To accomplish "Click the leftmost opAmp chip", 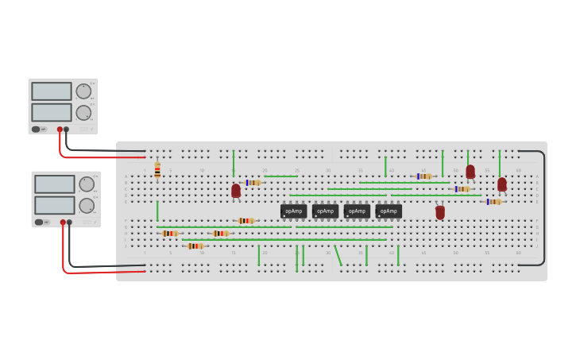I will pos(293,211).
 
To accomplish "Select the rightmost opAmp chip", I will pos(389,211).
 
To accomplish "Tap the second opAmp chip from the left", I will pos(325,211).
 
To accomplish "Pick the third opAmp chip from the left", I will pos(357,211).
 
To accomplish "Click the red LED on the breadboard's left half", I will pos(236,191).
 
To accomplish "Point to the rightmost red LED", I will pos(502,184).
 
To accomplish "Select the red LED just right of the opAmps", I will pos(440,212).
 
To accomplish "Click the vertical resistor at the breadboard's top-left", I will pos(157,169).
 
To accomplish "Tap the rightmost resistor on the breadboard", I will pos(493,202).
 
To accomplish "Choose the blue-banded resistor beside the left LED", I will pos(253,183).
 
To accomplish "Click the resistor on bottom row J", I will pos(195,246).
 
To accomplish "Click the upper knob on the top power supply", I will pos(83,91).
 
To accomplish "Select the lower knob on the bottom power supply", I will pos(87,206).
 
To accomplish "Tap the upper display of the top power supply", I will pos(52,91).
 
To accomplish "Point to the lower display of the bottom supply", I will pos(54,205).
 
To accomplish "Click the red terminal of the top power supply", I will pos(60,130).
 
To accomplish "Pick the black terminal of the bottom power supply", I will pos(70,223).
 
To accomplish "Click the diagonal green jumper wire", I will pos(338,255).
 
